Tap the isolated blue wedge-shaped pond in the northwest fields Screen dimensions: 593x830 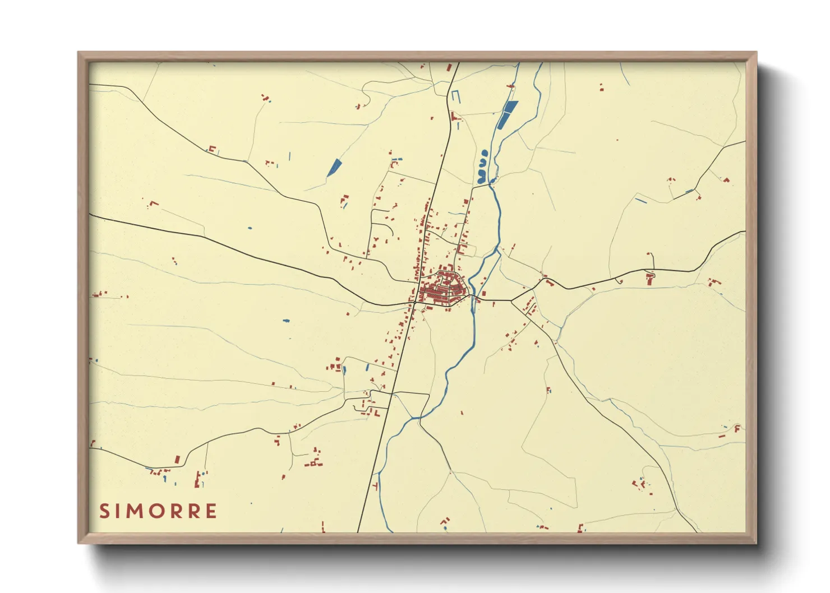334,167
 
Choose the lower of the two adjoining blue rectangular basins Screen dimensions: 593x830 502,122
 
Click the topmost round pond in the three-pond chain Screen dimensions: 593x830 483,152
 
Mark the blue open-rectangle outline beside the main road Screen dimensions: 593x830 455,96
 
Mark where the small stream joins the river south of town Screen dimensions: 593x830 419,418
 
